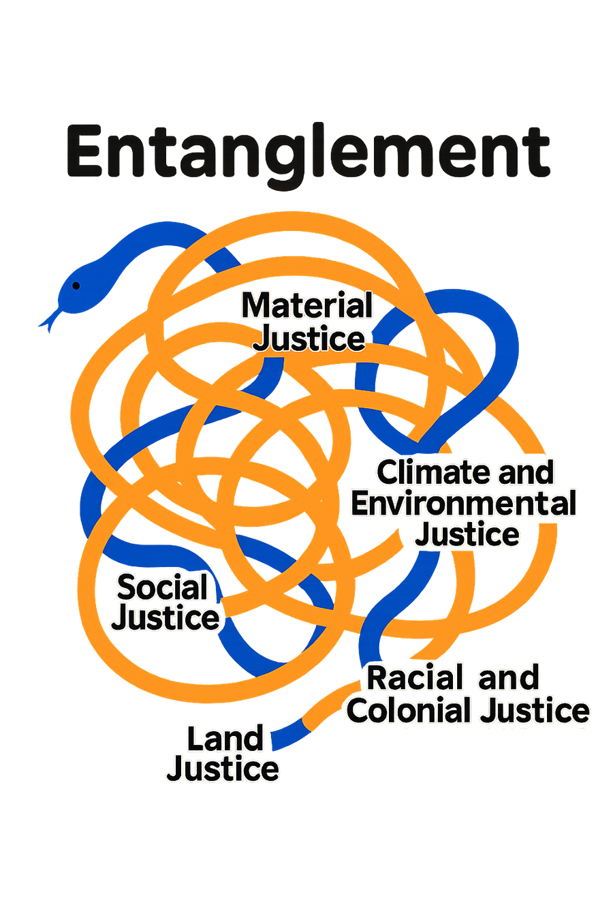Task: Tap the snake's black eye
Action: (76, 285)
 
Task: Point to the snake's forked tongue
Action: (47, 321)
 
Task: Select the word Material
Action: (307, 306)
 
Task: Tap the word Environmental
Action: (464, 504)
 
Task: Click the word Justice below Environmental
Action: (467, 534)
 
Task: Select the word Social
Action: (162, 587)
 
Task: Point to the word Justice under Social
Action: (166, 618)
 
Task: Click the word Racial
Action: (415, 678)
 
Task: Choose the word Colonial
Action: (409, 711)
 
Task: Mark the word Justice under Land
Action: (223, 769)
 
